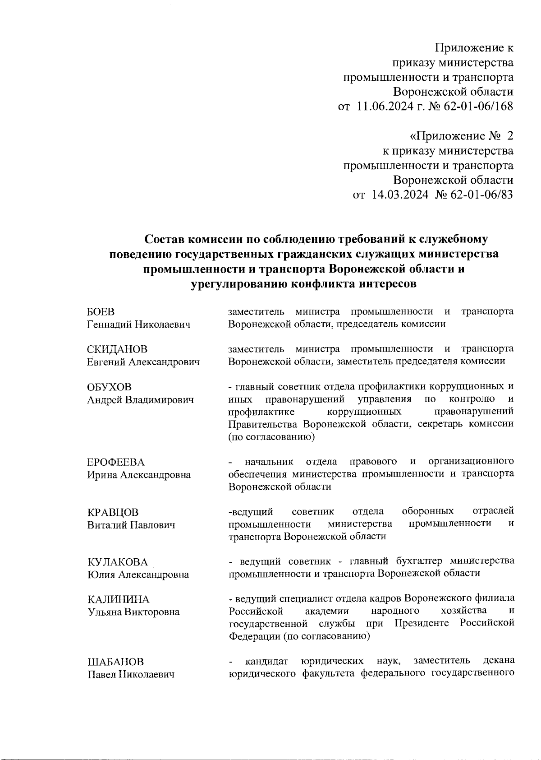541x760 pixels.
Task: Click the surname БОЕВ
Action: (101, 312)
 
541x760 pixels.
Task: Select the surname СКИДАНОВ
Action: (117, 349)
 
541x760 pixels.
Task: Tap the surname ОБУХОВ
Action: (110, 387)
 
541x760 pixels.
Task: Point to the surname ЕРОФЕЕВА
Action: (116, 462)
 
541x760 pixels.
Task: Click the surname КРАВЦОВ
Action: (113, 512)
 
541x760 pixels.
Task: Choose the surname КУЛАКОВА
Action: (118, 562)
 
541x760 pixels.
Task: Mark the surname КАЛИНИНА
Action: (118, 599)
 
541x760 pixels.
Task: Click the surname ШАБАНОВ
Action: (115, 662)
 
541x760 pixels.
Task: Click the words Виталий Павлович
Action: (131, 525)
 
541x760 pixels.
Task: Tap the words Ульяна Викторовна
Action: (133, 612)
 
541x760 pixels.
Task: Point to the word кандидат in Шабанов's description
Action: (266, 661)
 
